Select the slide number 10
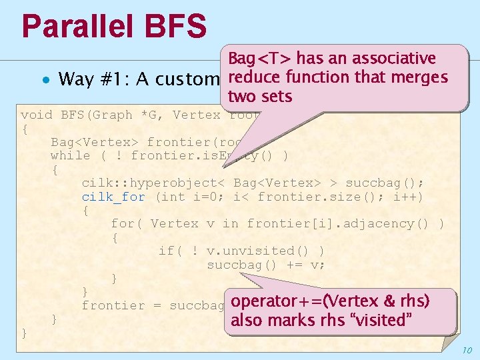pos(467,350)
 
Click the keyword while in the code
pos(70,155)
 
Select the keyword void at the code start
pos(37,115)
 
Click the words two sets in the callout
pos(260,97)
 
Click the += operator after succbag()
pos(283,264)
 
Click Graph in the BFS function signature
pos(113,115)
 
